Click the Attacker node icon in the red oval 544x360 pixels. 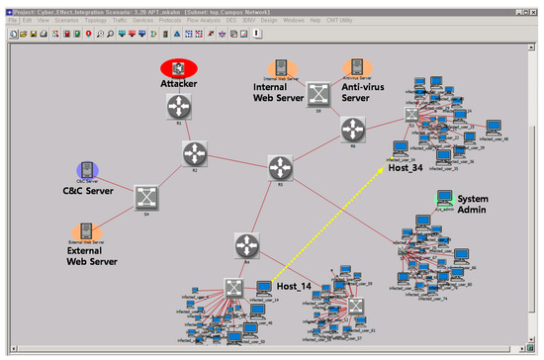click(180, 68)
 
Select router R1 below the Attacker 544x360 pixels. click(180, 107)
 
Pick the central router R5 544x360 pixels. click(280, 166)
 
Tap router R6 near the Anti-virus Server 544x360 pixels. click(353, 129)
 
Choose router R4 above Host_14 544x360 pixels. click(246, 244)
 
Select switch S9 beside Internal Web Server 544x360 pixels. click(317, 95)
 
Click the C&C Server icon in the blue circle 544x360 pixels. click(88, 170)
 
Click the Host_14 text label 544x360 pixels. click(295, 287)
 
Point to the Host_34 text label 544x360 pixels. click(408, 168)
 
